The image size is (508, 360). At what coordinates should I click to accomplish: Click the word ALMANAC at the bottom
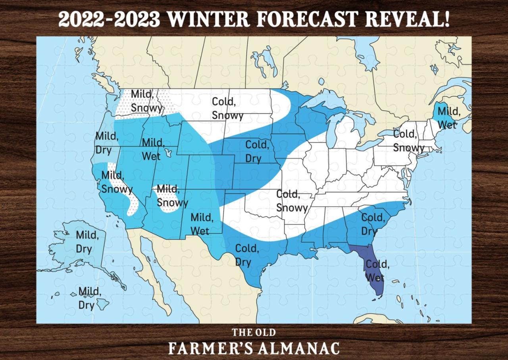299,348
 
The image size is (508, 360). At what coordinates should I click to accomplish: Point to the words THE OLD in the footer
254,332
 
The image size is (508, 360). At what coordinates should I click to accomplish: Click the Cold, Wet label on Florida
377,270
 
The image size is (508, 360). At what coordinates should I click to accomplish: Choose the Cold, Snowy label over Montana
227,108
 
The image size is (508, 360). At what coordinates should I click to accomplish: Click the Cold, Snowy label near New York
408,141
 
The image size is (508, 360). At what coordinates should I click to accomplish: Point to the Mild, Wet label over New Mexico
202,224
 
